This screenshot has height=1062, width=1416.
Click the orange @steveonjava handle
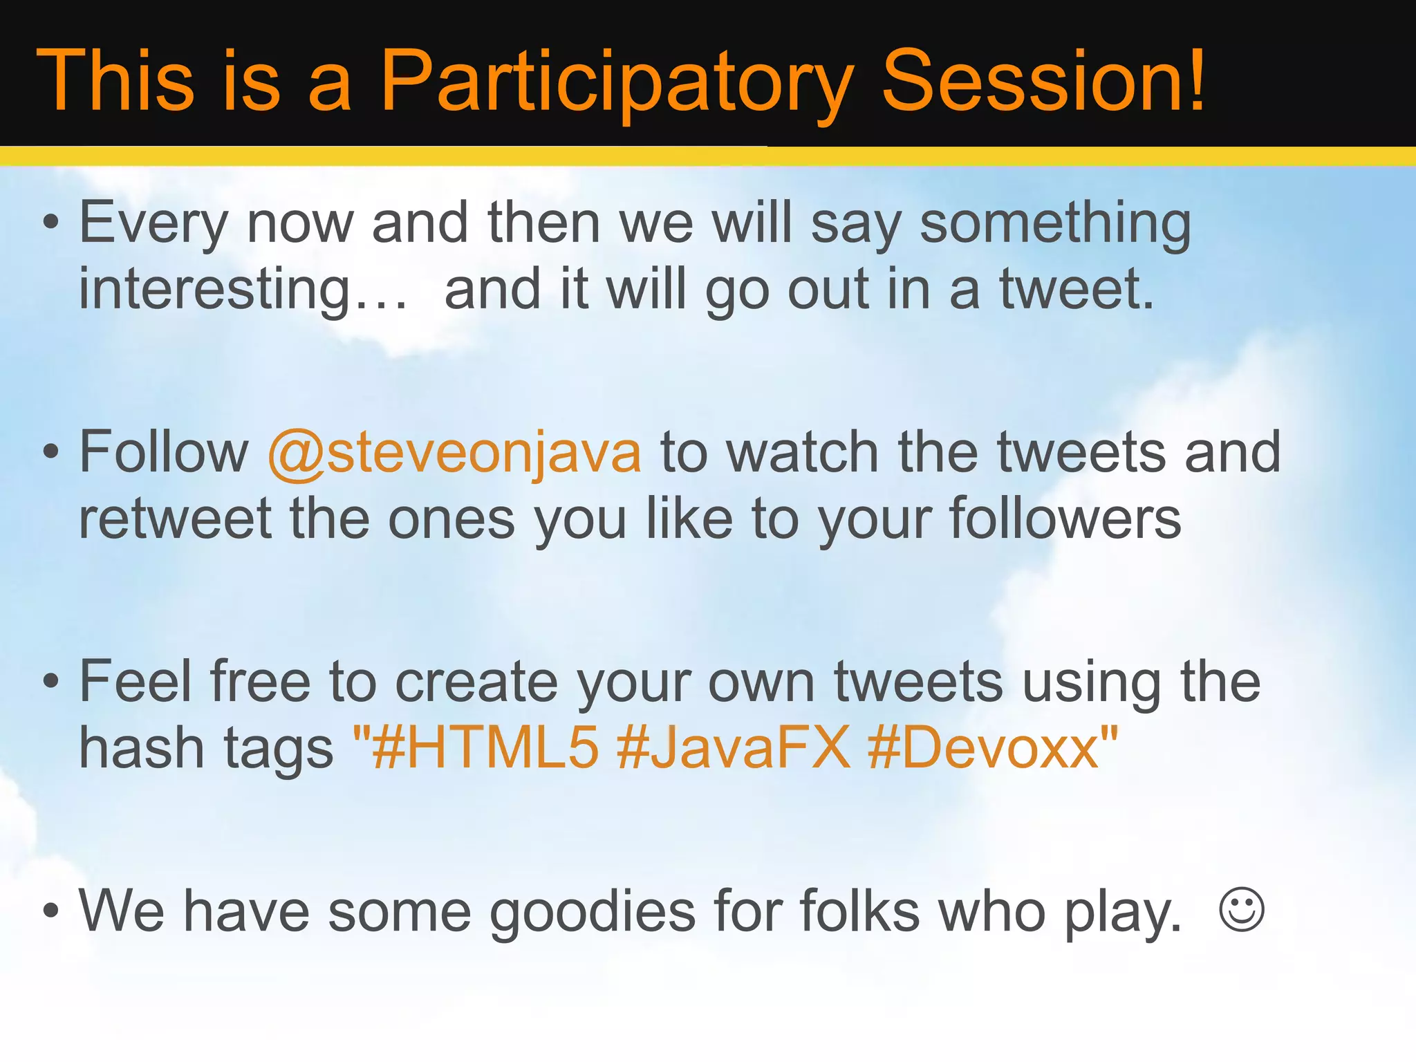(x=454, y=453)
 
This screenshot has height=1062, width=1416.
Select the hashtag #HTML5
(x=484, y=748)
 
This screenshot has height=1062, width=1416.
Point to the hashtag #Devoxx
(x=983, y=748)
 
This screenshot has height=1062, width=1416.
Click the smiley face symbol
(x=1242, y=909)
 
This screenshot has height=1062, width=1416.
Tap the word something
(x=1055, y=223)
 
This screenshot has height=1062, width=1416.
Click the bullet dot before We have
(x=50, y=911)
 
